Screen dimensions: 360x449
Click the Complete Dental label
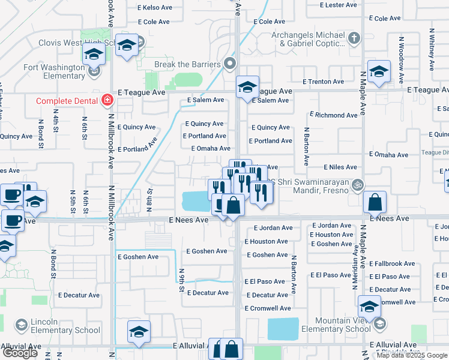point(67,101)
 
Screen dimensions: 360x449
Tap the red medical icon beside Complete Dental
point(107,100)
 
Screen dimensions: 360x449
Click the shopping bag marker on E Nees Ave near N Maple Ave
point(375,203)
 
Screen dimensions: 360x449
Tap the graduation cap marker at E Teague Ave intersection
point(247,88)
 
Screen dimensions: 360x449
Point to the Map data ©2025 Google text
point(412,355)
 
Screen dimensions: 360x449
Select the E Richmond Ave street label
point(334,115)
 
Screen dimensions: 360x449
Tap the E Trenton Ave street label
point(323,81)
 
